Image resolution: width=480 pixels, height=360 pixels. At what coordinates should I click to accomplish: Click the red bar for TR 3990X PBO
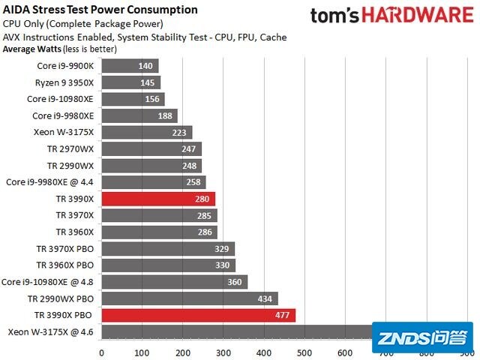198,315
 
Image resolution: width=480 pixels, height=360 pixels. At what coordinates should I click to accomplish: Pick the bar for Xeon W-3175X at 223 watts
146,132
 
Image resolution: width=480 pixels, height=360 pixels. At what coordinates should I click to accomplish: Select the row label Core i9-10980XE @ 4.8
48,282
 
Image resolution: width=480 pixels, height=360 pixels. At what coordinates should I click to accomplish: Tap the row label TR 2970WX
70,148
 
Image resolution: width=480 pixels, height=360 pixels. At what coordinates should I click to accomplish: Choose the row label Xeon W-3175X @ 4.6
51,331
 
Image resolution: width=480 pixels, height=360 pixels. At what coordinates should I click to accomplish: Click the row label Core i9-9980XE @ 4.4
50,182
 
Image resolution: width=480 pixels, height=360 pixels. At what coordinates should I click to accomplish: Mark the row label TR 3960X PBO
64,265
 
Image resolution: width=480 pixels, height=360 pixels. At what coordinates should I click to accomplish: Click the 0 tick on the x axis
101,352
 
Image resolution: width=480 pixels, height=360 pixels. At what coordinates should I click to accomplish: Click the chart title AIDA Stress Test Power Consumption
100,10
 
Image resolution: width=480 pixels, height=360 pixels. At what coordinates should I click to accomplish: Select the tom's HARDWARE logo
392,16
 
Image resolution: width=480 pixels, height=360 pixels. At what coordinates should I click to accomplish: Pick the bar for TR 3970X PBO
167,248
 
